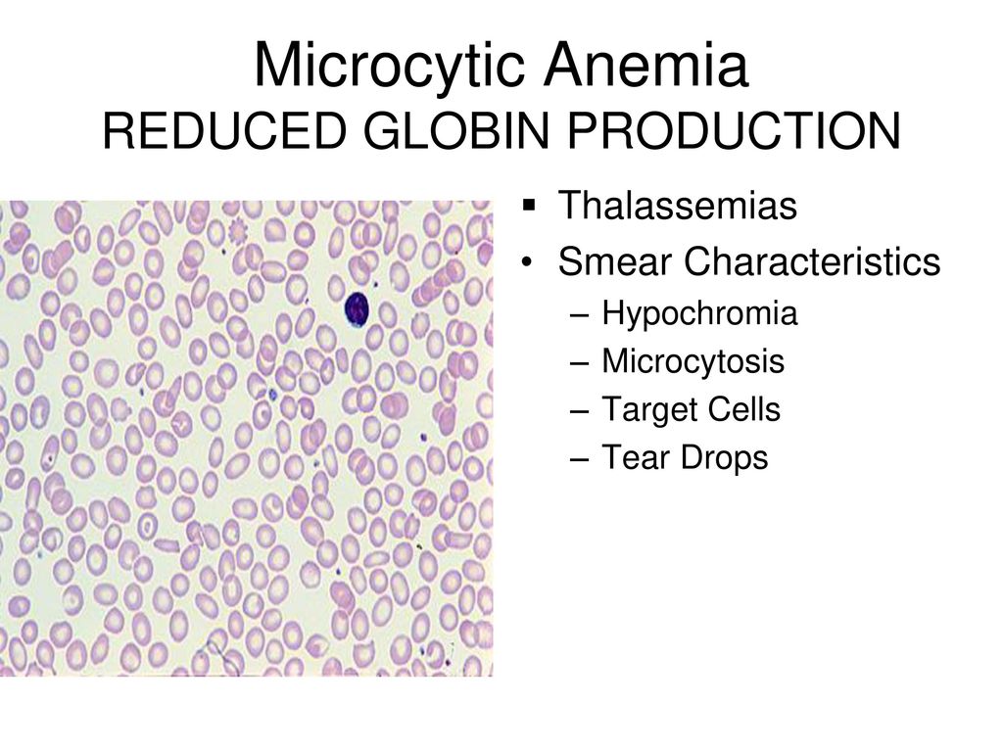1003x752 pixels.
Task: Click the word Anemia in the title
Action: tap(646, 65)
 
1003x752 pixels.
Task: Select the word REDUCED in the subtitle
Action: tap(224, 131)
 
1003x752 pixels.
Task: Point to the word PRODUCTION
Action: tap(735, 131)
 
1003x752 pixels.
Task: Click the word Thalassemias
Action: tap(678, 206)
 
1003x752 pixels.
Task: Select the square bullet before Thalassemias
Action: tap(528, 206)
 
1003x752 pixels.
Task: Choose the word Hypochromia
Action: tap(699, 313)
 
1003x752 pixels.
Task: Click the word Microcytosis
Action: tap(693, 361)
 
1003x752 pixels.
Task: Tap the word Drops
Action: tap(724, 458)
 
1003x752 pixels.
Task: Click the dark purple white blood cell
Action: tap(357, 309)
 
